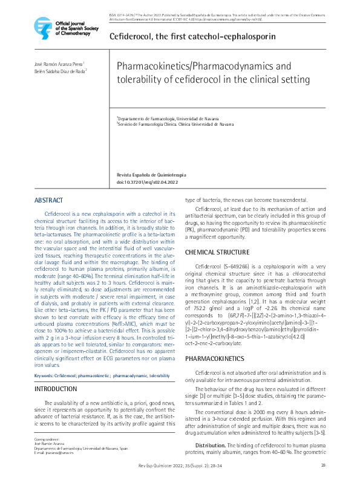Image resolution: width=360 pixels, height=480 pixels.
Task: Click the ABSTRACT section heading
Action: click(48, 200)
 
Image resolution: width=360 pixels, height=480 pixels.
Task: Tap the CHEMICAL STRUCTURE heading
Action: click(216, 252)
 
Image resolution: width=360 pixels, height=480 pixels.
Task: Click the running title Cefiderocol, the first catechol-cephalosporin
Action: click(192, 36)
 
